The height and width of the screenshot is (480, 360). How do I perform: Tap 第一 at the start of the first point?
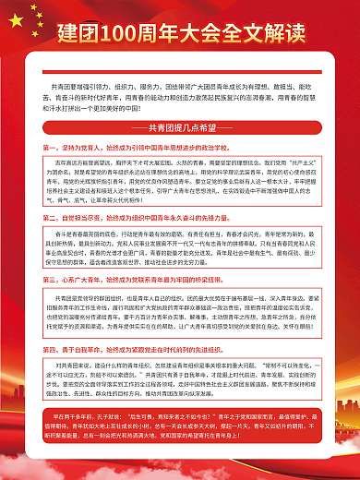click(x=51, y=147)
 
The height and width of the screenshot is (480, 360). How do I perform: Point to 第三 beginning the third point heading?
click(x=51, y=275)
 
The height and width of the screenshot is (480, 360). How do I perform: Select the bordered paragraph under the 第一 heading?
click(x=180, y=183)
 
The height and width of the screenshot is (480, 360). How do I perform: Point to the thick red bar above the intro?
click(x=180, y=66)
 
